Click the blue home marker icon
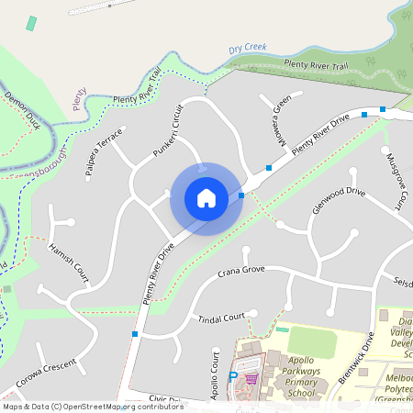coord(206,198)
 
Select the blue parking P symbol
coord(232,376)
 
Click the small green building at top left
coord(32,23)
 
